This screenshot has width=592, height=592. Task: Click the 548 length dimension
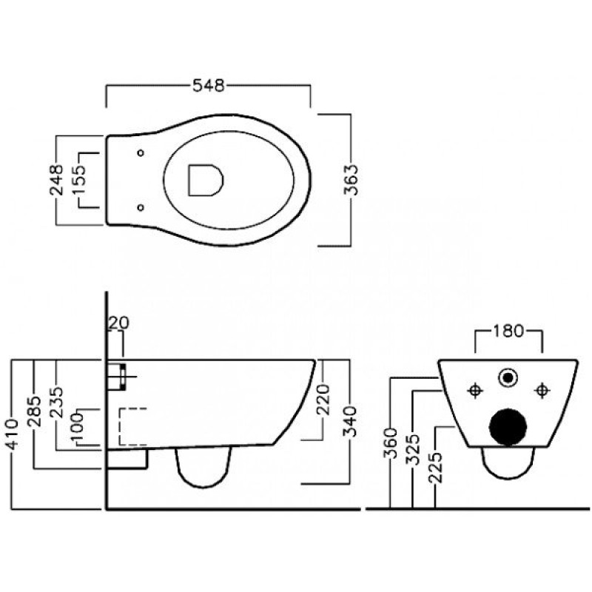click(208, 86)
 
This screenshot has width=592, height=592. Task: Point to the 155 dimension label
click(79, 181)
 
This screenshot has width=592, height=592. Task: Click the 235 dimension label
click(57, 406)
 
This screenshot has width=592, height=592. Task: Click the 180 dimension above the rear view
click(508, 330)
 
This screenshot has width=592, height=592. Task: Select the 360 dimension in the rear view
click(391, 444)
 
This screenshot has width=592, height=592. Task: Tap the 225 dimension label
click(436, 467)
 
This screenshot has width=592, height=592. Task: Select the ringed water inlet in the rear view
click(508, 378)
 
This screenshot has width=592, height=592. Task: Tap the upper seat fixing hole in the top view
click(141, 153)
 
